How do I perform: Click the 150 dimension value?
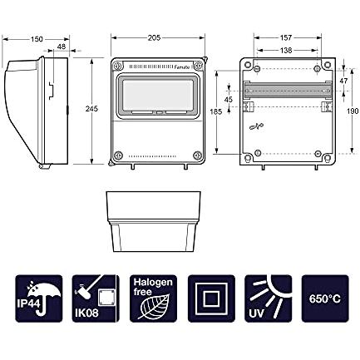[x=37, y=39]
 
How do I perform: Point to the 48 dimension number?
[x=61, y=47]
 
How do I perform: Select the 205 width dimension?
[x=154, y=37]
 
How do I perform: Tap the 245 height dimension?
[x=91, y=109]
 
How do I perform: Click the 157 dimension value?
[x=286, y=37]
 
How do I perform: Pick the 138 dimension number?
[x=286, y=51]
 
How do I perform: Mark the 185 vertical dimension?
[x=216, y=111]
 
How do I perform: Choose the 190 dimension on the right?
[x=353, y=111]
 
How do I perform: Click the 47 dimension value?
[x=343, y=81]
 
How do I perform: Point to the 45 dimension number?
[x=229, y=100]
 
